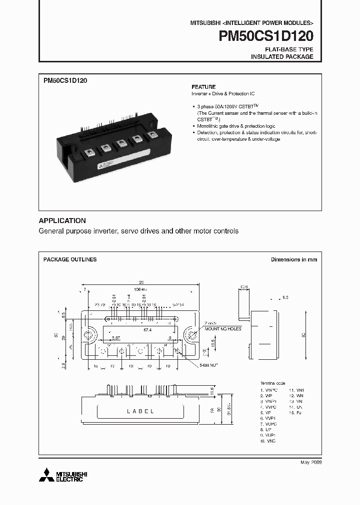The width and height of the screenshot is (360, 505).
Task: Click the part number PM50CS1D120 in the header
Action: click(266, 37)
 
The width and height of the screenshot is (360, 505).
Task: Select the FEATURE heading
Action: click(203, 87)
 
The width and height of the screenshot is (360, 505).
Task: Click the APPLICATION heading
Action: click(62, 221)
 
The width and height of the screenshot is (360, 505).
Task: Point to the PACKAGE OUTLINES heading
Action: click(70, 259)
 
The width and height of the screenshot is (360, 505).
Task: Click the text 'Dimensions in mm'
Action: click(294, 259)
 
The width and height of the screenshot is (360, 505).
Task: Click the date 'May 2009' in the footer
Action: click(311, 463)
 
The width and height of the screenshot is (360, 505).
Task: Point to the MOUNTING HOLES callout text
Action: click(222, 329)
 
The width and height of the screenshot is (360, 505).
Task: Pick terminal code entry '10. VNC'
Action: click(268, 442)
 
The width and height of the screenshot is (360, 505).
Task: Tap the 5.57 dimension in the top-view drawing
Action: click(116, 338)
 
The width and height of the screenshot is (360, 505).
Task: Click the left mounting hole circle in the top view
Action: click(90, 335)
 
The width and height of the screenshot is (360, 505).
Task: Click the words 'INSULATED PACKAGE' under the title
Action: click(281, 57)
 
